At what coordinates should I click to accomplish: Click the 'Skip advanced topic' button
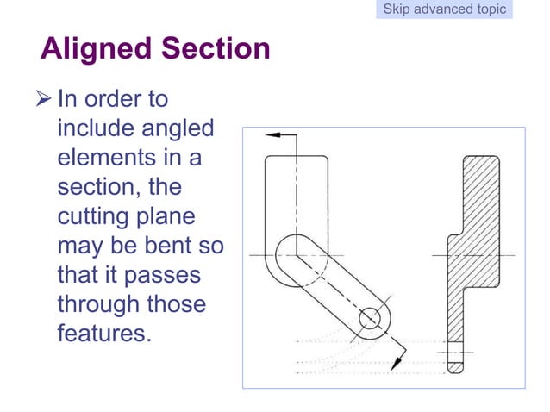click(x=445, y=9)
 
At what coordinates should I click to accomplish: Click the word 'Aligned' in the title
click(x=93, y=47)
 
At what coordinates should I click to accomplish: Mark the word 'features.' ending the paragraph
click(x=103, y=334)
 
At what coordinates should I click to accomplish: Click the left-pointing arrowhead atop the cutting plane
click(x=274, y=135)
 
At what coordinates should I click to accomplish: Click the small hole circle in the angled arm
click(x=370, y=317)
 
